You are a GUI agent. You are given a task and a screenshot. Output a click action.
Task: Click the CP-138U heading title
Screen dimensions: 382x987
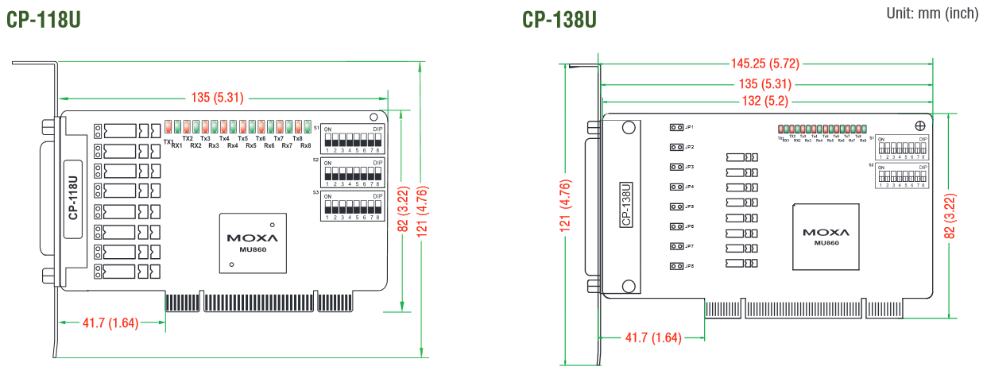click(x=559, y=19)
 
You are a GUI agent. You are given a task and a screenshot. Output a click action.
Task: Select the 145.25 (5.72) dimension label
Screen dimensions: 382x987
click(x=766, y=64)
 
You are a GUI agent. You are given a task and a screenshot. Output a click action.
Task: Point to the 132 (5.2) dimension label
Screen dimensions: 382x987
click(x=765, y=101)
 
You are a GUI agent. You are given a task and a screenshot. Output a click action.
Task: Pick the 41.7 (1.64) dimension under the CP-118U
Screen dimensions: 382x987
click(x=110, y=322)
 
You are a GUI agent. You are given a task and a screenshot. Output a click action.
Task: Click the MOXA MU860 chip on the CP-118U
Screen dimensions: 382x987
click(x=253, y=241)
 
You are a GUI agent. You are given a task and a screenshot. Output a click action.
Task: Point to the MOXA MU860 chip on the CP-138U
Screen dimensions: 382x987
click(x=826, y=236)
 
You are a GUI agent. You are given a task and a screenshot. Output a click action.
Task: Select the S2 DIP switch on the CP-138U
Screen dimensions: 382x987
click(x=902, y=176)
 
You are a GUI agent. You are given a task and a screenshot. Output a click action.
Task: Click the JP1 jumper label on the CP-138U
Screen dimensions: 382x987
click(x=690, y=127)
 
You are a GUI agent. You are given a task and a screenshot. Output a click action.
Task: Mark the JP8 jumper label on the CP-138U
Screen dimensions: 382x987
click(x=690, y=266)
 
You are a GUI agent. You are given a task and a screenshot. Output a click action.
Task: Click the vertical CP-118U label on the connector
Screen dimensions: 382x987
click(x=72, y=198)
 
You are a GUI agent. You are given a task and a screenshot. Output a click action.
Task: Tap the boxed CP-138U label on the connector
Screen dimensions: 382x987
click(x=626, y=205)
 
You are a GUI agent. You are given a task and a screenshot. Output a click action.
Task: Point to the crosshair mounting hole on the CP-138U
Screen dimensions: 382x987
click(x=920, y=125)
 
